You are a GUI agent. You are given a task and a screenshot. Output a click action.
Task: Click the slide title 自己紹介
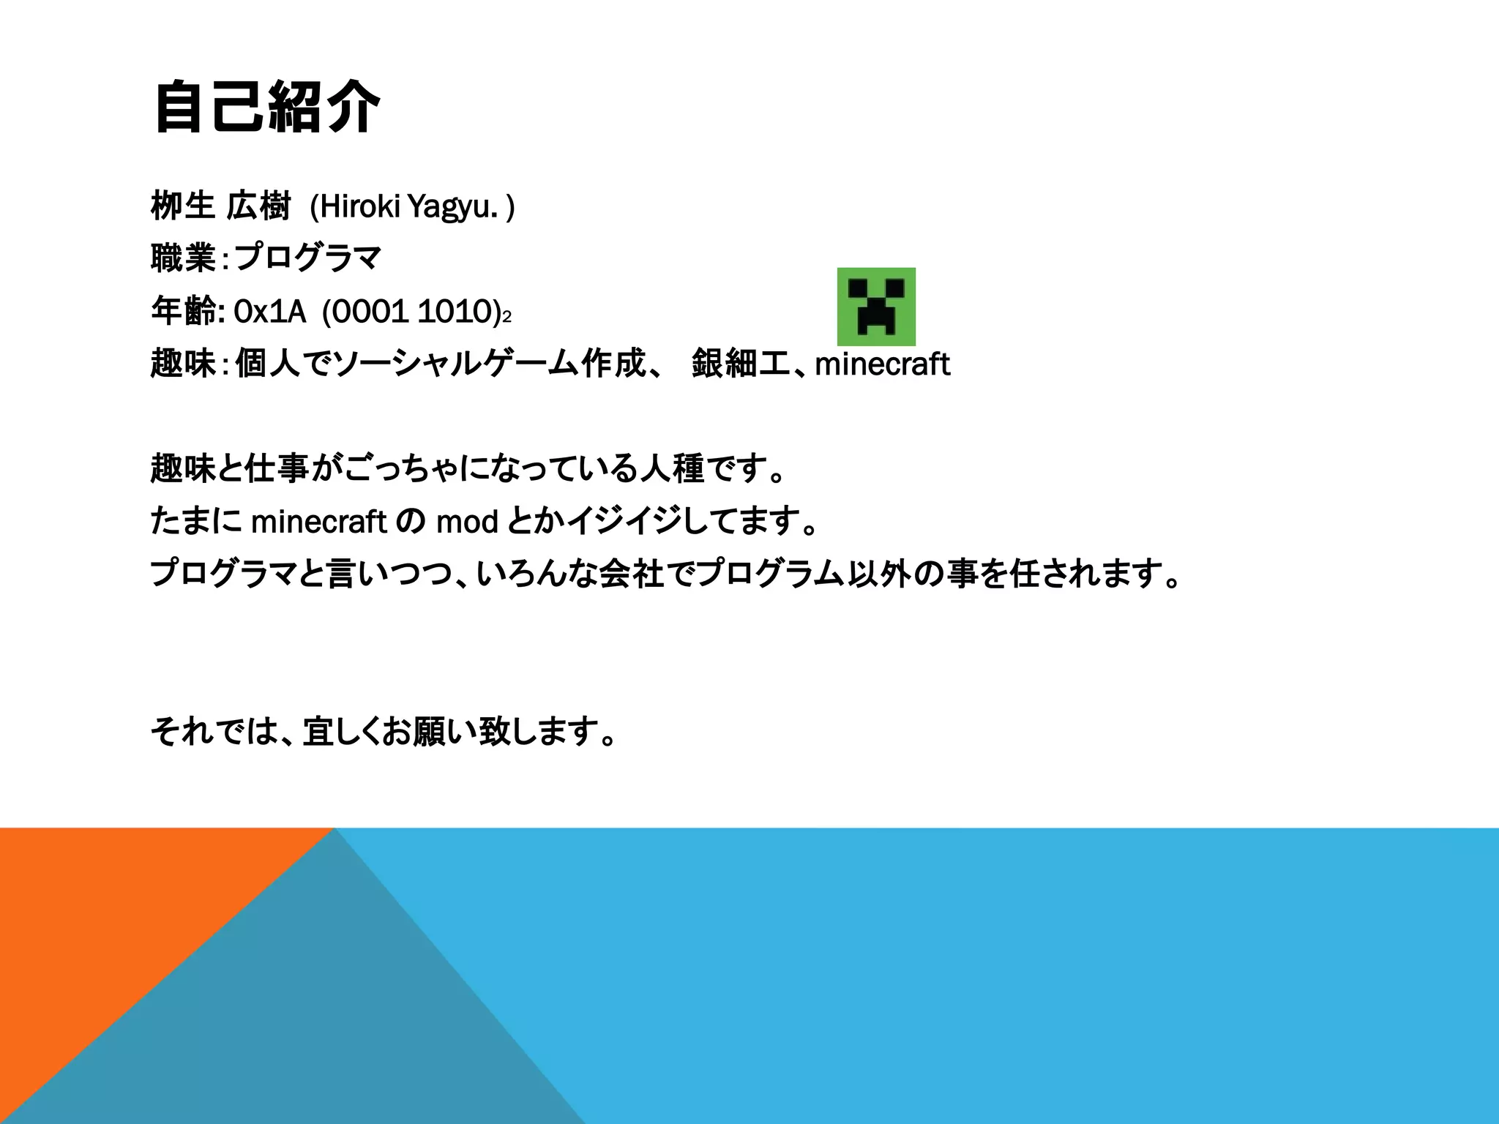[267, 108]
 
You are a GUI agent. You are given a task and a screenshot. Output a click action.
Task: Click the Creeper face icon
[876, 307]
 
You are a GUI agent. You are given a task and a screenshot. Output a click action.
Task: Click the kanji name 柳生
[182, 206]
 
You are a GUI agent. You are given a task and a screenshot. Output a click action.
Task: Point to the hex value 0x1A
[269, 312]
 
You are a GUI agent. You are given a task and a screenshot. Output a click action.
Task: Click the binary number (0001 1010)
[411, 312]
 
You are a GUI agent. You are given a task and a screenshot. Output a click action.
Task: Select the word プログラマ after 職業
[308, 258]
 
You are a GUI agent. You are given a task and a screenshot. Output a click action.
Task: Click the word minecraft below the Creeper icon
[882, 364]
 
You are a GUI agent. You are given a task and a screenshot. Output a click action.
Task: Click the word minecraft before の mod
[318, 522]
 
